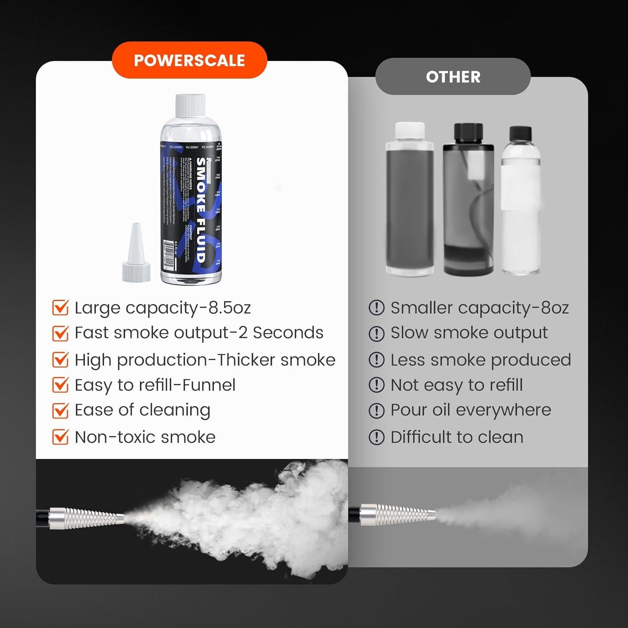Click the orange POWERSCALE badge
click(189, 60)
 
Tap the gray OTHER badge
click(453, 77)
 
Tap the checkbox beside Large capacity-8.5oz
click(60, 308)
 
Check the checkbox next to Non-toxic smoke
click(60, 437)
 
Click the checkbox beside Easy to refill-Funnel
click(60, 385)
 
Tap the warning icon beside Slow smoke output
click(376, 334)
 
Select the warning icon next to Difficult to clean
click(376, 438)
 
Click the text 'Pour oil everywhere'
click(471, 410)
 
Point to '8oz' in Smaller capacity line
click(555, 308)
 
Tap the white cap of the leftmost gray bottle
click(410, 132)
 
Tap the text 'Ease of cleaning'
click(142, 410)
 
